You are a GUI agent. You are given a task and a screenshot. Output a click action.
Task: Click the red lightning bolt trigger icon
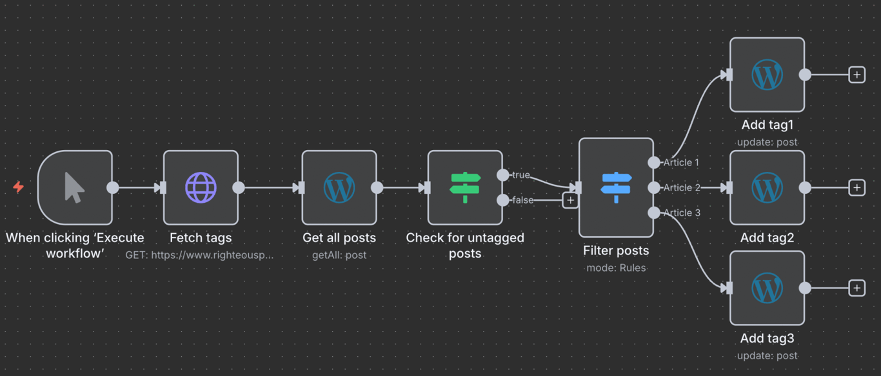[x=19, y=187]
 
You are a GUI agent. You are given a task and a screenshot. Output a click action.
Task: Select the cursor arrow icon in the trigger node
[x=75, y=188]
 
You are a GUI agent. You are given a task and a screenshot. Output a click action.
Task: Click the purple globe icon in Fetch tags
[x=201, y=188]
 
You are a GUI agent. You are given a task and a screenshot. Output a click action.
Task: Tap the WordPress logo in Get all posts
[x=339, y=188]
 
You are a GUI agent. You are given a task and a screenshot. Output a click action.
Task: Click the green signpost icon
[x=465, y=188]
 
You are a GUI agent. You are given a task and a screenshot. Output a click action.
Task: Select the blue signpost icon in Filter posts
[x=616, y=187]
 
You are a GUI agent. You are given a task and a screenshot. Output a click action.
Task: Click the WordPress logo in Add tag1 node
[x=767, y=75]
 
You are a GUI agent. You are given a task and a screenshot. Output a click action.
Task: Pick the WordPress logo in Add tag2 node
[x=767, y=188]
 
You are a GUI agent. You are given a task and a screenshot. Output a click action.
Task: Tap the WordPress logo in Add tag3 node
[x=767, y=288]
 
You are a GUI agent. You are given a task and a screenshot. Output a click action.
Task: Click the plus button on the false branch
[x=570, y=200]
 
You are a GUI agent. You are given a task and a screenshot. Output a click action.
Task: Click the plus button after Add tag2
[x=856, y=187]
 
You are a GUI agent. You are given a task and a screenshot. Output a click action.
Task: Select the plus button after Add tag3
[x=856, y=288]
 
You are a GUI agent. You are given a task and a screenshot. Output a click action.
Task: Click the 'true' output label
[x=520, y=175]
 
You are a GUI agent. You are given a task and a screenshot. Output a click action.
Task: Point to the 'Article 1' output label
[x=681, y=163]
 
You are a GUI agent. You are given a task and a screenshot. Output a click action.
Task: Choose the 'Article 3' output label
[x=681, y=213]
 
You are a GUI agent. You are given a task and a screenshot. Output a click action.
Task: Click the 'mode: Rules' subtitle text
[x=616, y=268]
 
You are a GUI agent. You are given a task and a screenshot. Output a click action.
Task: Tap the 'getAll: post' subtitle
[x=339, y=255]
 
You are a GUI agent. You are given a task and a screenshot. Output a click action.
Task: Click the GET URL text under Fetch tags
[x=200, y=255]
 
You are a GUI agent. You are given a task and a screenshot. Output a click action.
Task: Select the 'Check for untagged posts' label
[x=465, y=245]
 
